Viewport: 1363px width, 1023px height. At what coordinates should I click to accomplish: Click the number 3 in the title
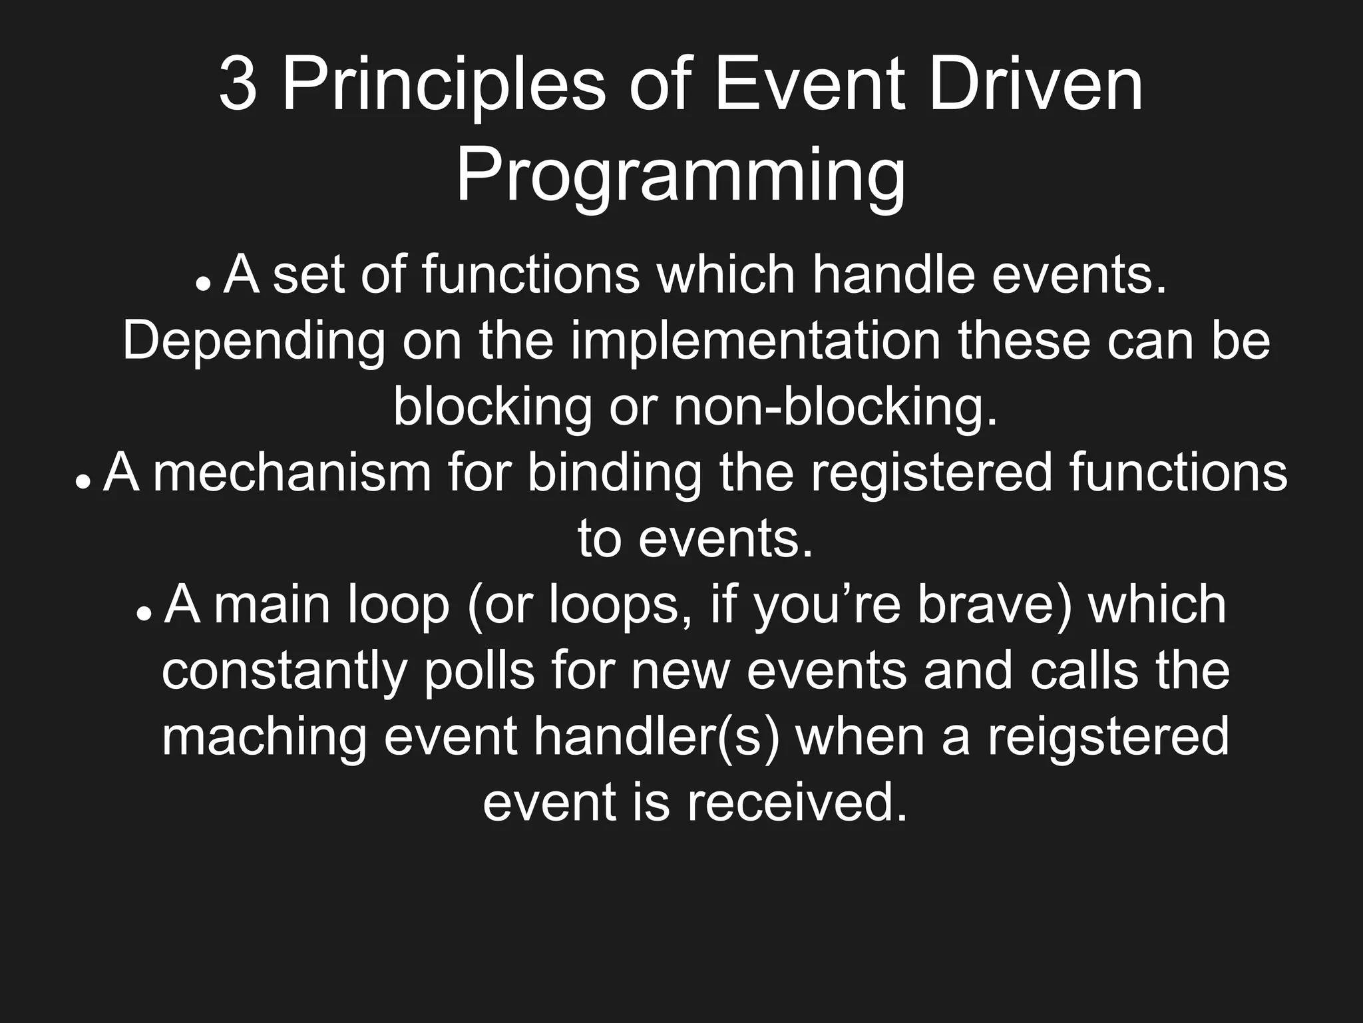click(x=238, y=86)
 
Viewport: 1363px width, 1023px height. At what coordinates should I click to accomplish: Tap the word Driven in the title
click(x=1034, y=86)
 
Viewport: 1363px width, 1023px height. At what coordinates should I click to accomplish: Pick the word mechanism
click(x=293, y=473)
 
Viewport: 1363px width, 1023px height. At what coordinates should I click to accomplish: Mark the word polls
click(x=480, y=670)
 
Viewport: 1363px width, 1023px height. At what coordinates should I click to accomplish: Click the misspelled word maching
click(x=265, y=737)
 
